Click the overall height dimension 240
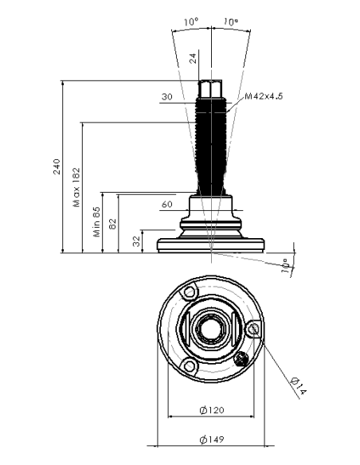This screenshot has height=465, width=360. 57,167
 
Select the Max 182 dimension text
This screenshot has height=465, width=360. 76,187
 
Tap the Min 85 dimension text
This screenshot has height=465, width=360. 96,221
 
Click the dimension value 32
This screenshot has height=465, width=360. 136,241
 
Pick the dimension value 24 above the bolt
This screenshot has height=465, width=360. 193,58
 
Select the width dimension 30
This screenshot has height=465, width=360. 167,96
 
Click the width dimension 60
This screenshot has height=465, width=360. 167,205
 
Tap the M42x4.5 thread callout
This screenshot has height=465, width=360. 264,96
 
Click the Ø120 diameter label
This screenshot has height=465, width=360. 212,410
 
